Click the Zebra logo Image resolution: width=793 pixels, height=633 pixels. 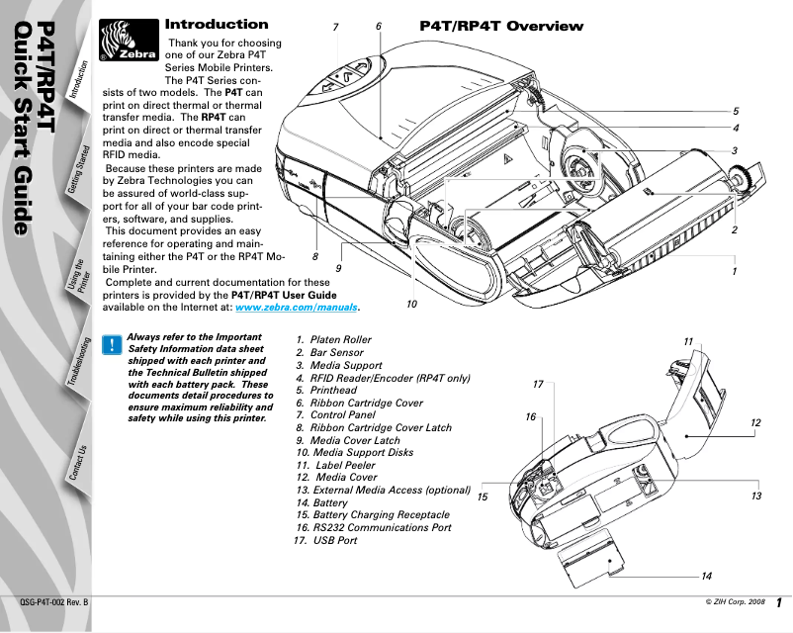[130, 45]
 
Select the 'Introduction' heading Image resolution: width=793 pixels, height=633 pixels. [216, 24]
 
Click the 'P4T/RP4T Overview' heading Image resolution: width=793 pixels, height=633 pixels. [501, 26]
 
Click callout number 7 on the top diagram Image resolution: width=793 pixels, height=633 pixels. [336, 27]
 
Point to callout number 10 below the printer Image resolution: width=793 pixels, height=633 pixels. [411, 305]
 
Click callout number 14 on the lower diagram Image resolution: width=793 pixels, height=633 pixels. [706, 576]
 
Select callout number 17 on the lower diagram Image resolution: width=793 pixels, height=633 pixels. [538, 383]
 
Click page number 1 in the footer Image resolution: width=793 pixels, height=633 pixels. [779, 602]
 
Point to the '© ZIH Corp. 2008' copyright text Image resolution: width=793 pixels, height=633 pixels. [735, 601]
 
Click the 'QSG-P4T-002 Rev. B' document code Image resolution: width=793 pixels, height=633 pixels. [54, 601]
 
